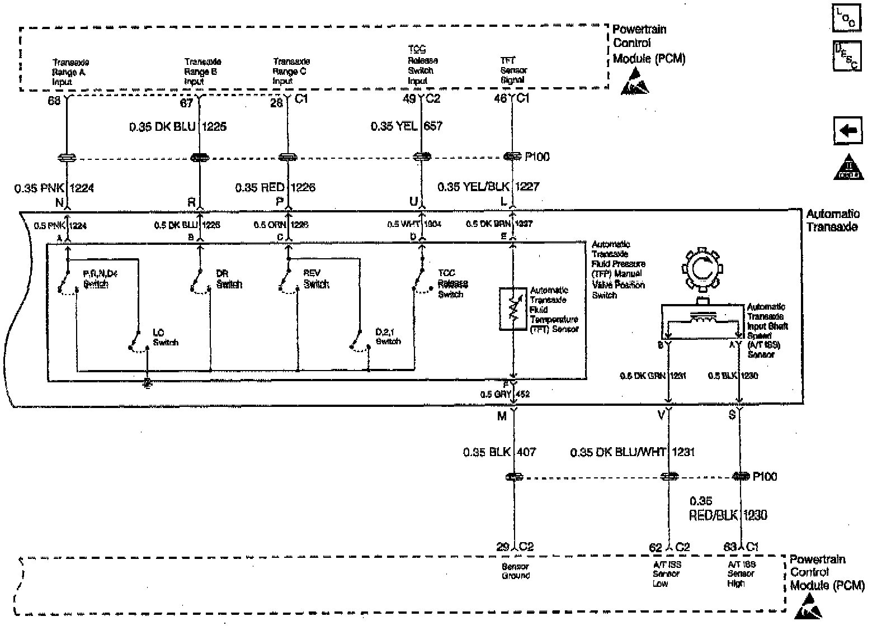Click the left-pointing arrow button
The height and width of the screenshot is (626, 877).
pyautogui.click(x=848, y=131)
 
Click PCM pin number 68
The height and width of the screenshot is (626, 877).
pyautogui.click(x=54, y=99)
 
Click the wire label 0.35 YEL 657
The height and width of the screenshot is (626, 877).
pyautogui.click(x=407, y=126)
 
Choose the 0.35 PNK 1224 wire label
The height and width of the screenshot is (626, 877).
pyautogui.click(x=54, y=188)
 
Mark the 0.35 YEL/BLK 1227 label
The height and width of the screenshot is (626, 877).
pyautogui.click(x=488, y=186)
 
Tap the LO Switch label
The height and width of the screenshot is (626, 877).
pyautogui.click(x=164, y=338)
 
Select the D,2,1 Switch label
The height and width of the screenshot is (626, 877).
pyautogui.click(x=388, y=336)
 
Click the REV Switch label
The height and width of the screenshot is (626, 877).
pyautogui.click(x=316, y=279)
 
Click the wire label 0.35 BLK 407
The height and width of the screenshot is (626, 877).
pyautogui.click(x=499, y=452)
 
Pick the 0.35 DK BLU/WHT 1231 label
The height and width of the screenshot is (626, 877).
pyautogui.click(x=632, y=452)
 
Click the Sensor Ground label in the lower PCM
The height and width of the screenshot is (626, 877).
pyautogui.click(x=515, y=571)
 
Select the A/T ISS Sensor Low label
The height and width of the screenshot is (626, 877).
pyautogui.click(x=666, y=574)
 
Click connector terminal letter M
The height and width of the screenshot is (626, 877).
pyautogui.click(x=502, y=416)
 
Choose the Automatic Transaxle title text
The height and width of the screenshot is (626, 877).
pyautogui.click(x=832, y=221)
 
